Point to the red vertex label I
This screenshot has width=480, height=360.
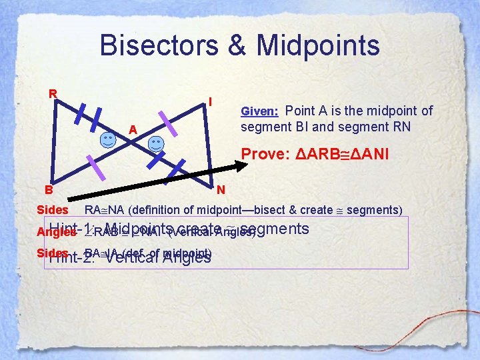tap(210, 102)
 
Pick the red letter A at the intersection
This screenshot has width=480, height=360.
tap(133, 129)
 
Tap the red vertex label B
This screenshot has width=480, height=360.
tap(41, 189)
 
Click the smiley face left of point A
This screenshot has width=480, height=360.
tap(107, 140)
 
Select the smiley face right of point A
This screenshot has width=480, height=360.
tap(155, 145)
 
